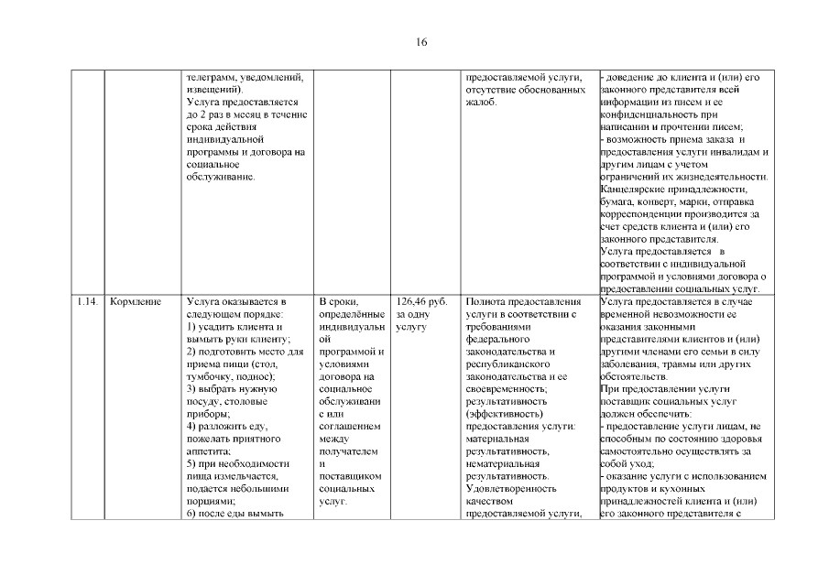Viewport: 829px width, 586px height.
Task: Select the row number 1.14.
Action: point(89,300)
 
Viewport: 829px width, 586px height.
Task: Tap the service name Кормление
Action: point(135,300)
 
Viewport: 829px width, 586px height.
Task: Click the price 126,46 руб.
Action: point(423,300)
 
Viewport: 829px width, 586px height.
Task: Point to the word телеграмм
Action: point(212,77)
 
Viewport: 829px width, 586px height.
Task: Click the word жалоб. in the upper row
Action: point(483,103)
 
